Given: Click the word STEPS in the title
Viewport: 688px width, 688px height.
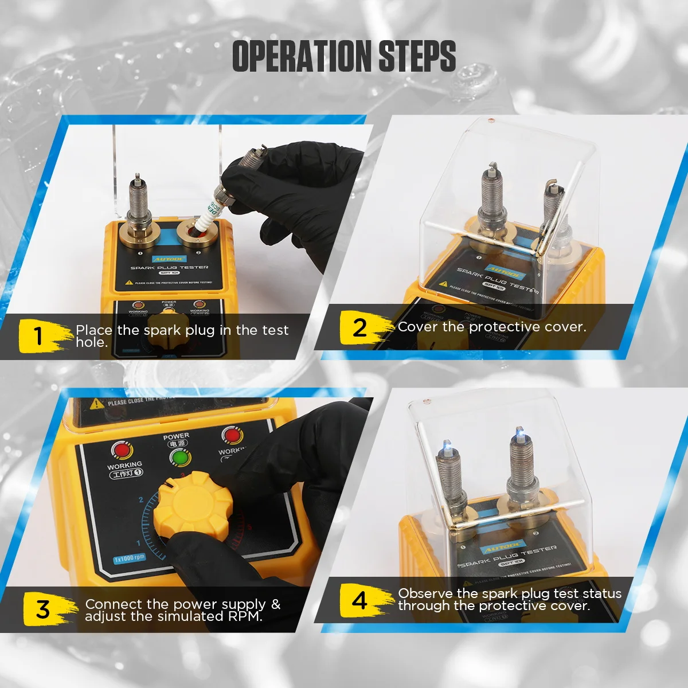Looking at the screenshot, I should [x=417, y=56].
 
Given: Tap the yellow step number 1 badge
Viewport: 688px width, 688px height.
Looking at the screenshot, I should [x=39, y=336].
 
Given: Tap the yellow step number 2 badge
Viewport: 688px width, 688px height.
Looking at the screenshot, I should [x=359, y=328].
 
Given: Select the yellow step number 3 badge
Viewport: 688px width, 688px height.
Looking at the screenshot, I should [x=43, y=609].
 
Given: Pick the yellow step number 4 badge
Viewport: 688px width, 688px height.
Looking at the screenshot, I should [x=359, y=600].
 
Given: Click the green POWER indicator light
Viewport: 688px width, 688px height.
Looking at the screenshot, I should [x=180, y=458].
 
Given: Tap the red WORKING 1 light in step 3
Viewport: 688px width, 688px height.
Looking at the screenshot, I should [x=122, y=451].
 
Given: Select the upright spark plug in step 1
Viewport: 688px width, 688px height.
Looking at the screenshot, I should [x=138, y=201].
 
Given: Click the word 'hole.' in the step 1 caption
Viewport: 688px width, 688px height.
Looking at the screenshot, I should [x=92, y=343].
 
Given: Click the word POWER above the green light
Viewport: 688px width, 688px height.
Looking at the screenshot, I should [x=176, y=436].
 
